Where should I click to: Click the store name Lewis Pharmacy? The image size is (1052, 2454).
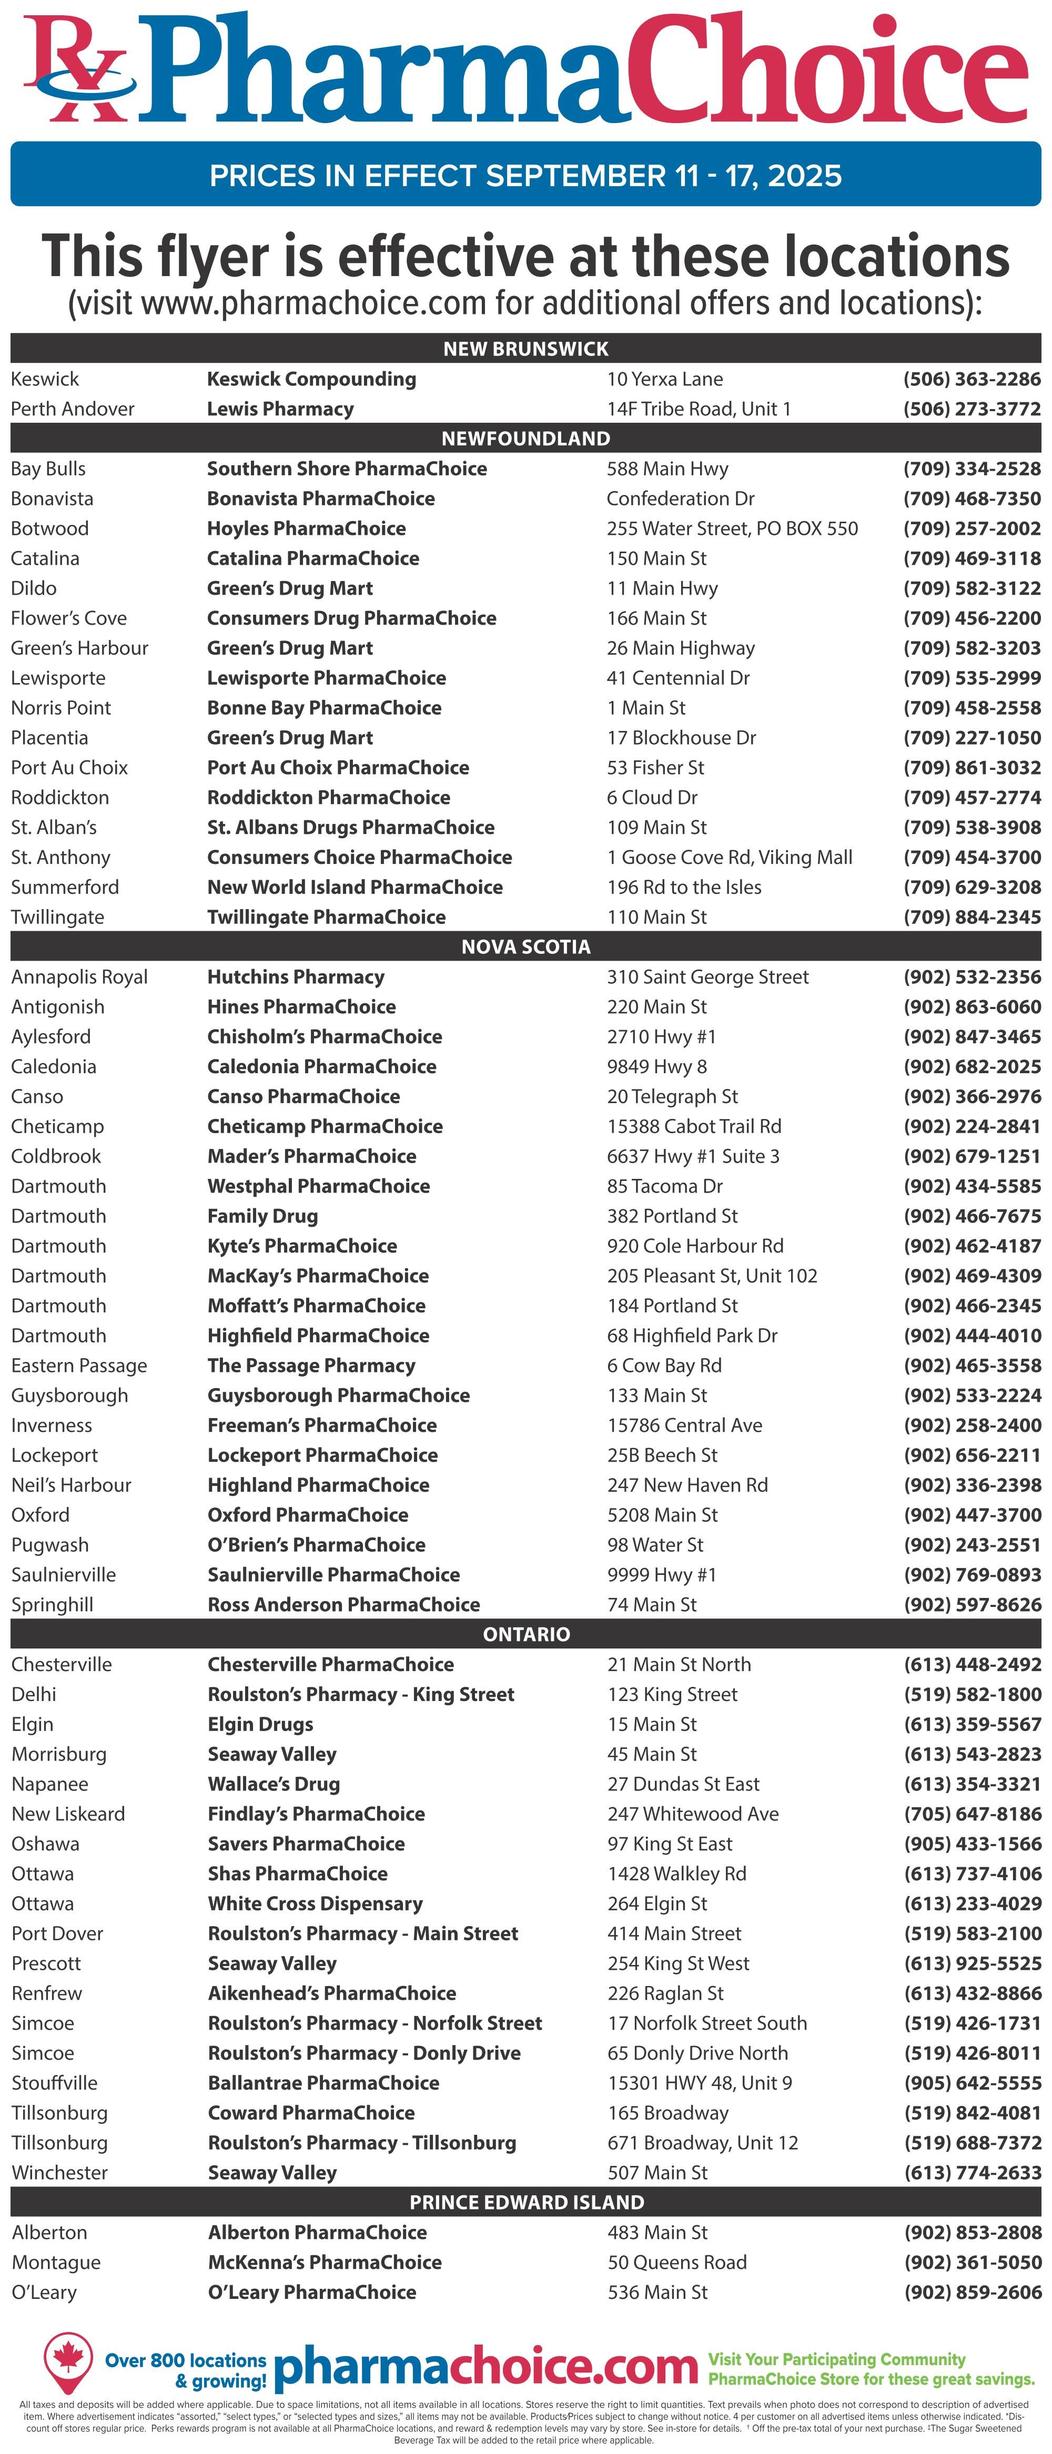click(x=280, y=409)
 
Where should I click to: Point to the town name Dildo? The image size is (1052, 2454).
click(x=34, y=588)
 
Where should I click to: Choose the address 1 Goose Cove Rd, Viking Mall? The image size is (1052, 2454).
click(x=729, y=858)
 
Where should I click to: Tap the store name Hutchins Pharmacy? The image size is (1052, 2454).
click(x=296, y=976)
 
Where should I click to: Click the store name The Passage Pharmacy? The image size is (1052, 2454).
click(x=311, y=1365)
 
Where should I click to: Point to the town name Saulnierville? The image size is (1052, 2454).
click(x=63, y=1575)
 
